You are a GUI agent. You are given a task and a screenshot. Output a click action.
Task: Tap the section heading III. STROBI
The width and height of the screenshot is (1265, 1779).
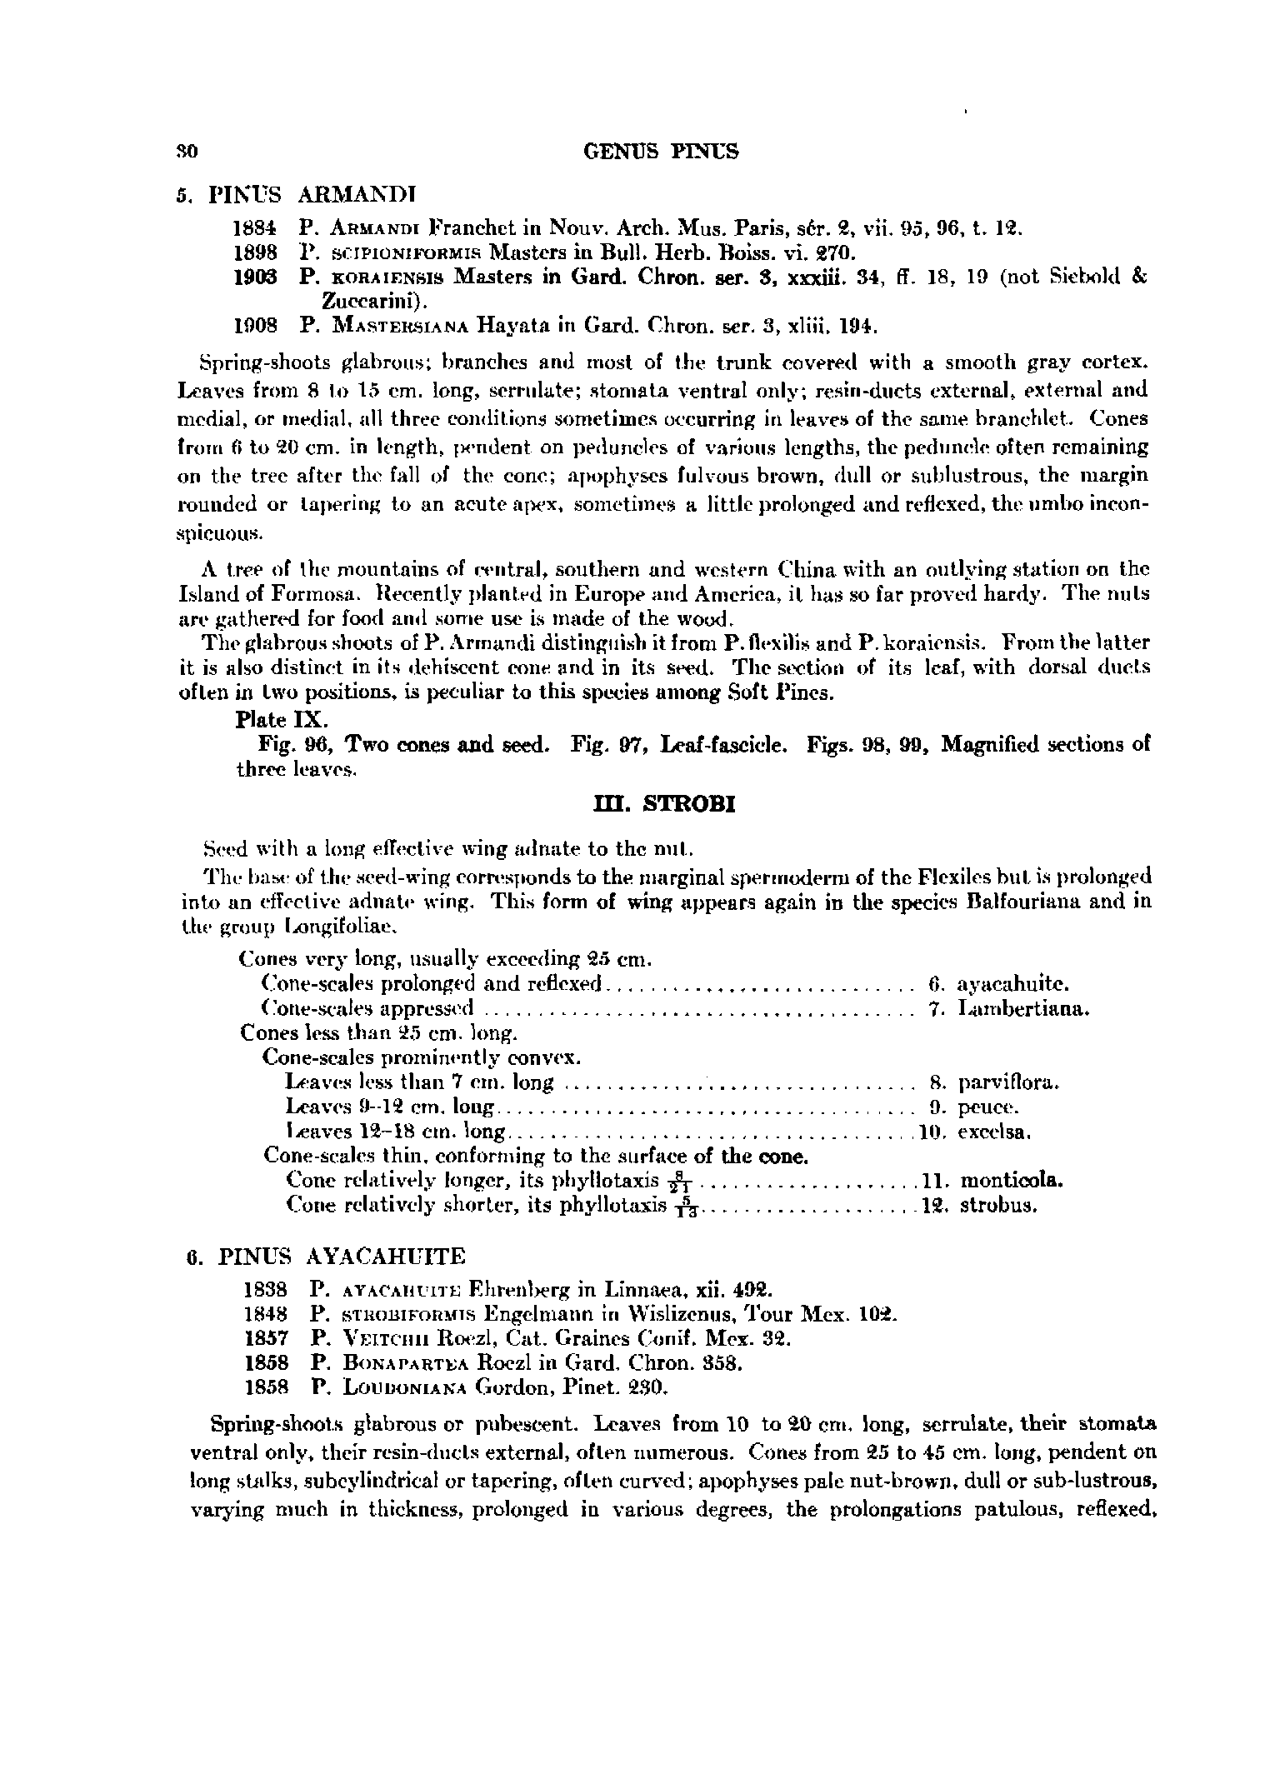tap(662, 806)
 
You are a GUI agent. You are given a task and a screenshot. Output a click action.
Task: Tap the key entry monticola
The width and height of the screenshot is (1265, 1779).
tap(1012, 1181)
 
